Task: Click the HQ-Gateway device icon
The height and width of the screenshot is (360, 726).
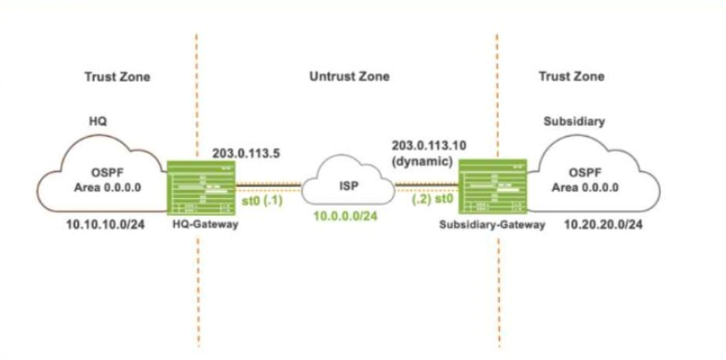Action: tap(201, 188)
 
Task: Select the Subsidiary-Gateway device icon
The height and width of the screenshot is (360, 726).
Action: tap(492, 187)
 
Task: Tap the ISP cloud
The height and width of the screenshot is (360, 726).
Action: tap(348, 185)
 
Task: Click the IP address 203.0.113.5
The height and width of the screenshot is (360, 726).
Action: tap(246, 153)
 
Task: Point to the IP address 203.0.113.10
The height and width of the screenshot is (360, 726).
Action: tap(429, 145)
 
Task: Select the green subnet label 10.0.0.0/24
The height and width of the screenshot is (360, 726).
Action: tap(346, 216)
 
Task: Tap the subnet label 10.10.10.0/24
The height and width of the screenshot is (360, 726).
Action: tap(106, 225)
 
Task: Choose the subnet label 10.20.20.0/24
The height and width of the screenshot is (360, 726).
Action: tap(603, 226)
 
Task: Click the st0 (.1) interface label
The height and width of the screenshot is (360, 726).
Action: tap(262, 202)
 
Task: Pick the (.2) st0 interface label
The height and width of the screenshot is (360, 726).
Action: tap(431, 201)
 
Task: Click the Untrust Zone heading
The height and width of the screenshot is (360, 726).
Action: tap(350, 76)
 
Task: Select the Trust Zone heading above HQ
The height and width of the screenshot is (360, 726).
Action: tap(117, 77)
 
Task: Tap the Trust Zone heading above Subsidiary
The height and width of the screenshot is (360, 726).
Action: tap(571, 76)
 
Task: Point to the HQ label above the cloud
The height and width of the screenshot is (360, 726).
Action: tap(98, 122)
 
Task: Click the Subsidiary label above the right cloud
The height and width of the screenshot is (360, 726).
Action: tap(574, 122)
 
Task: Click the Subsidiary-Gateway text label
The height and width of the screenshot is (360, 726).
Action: tap(491, 224)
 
